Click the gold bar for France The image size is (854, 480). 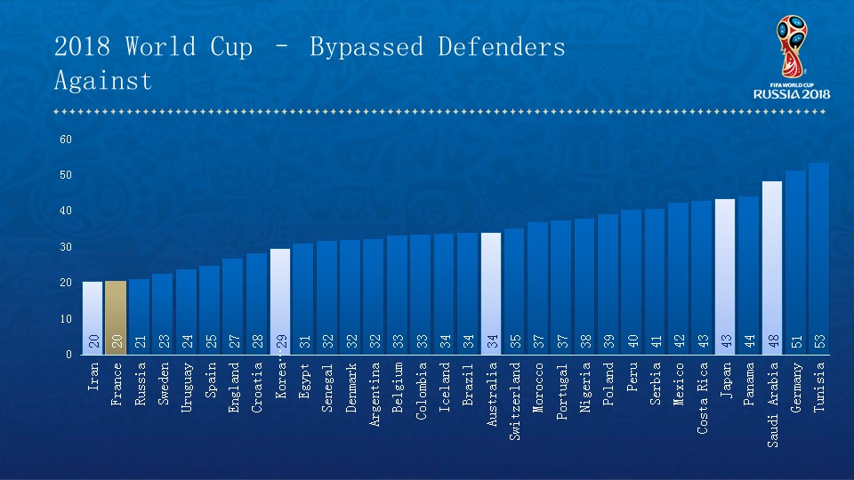click(x=116, y=317)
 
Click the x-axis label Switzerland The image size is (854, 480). click(x=515, y=388)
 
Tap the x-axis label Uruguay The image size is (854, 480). click(x=187, y=384)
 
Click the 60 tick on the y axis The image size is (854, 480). click(x=66, y=140)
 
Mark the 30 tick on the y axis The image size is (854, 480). click(x=66, y=247)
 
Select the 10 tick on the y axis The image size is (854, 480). click(x=66, y=318)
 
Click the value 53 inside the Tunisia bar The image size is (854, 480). click(x=819, y=342)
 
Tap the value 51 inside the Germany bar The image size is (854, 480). click(x=795, y=342)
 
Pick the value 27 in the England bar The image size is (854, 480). click(x=233, y=342)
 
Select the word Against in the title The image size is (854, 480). click(x=103, y=81)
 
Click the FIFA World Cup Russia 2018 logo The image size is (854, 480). click(x=791, y=58)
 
